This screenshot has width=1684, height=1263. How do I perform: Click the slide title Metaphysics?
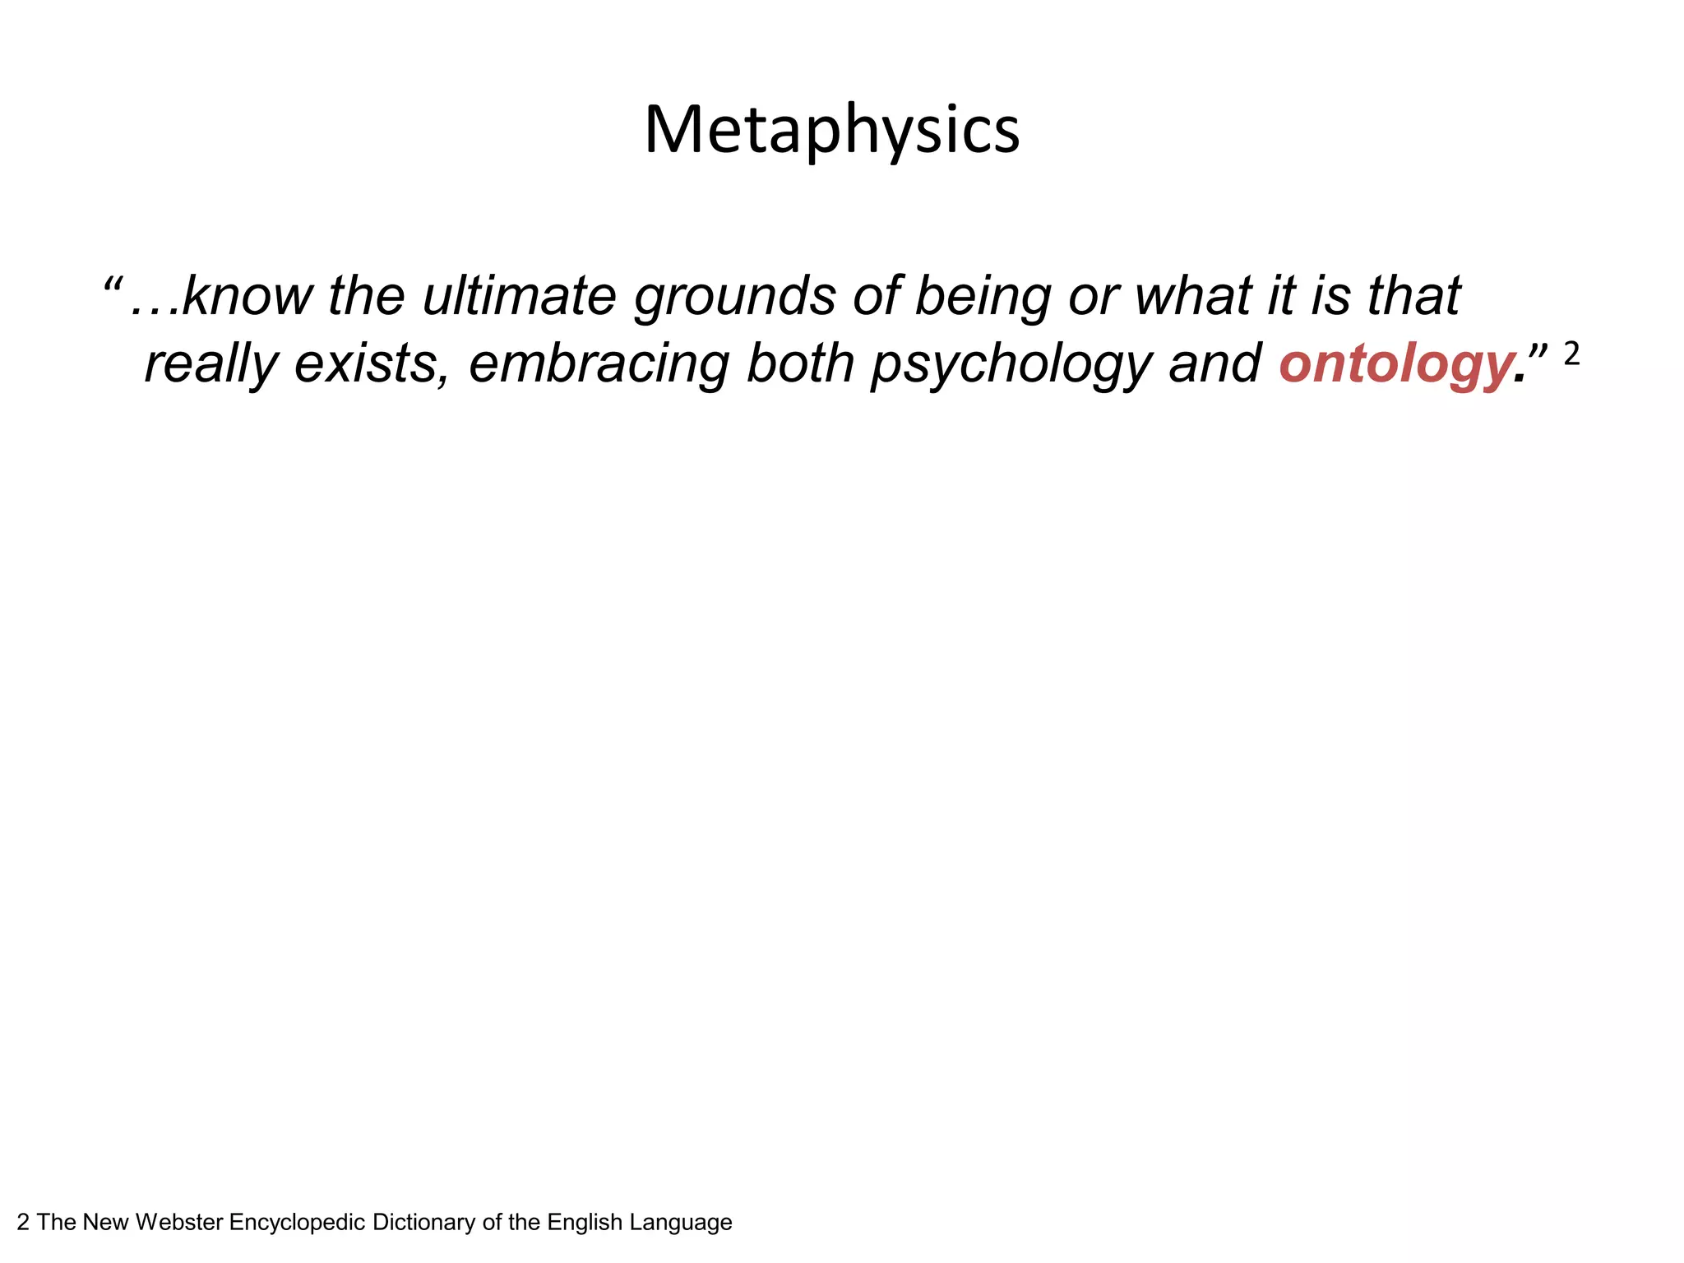tap(831, 130)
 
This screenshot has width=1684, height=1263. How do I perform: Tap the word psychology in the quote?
tap(1011, 363)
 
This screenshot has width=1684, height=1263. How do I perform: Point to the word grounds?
tap(734, 298)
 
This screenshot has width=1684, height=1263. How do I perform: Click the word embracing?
tap(599, 363)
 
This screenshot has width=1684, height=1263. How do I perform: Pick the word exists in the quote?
tap(371, 363)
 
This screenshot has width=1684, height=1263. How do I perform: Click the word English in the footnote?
tap(585, 1223)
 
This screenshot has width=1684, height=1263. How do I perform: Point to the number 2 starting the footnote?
tap(23, 1223)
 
